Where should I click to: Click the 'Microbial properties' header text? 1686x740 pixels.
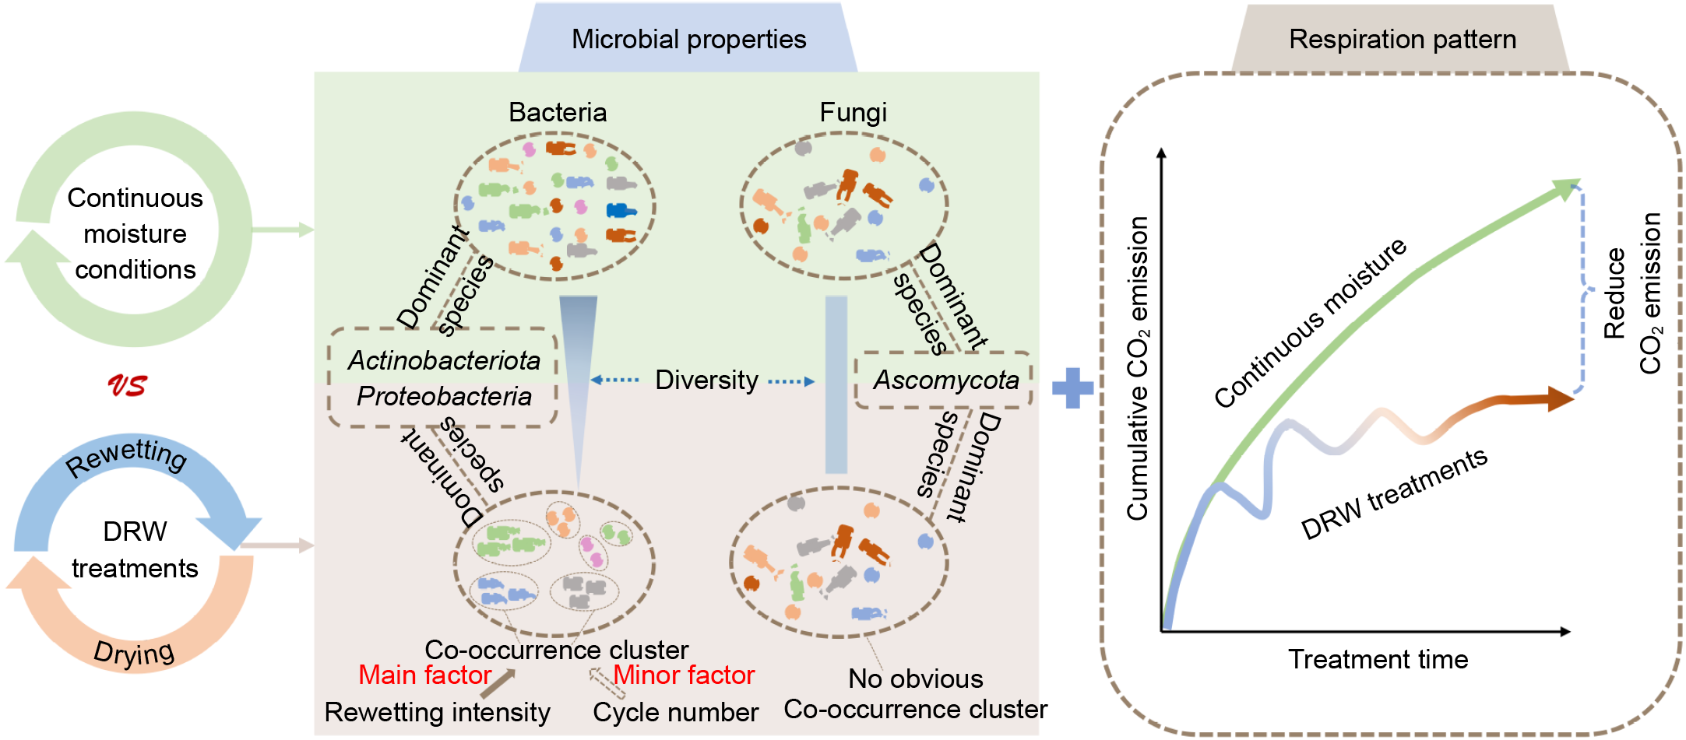688,39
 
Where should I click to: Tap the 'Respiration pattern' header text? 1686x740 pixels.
1402,39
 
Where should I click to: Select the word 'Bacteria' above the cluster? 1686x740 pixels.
558,112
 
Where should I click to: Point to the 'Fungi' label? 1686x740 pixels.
853,112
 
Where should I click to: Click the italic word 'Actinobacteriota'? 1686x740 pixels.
444,360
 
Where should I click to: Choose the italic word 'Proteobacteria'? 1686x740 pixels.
444,396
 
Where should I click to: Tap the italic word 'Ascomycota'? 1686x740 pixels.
945,380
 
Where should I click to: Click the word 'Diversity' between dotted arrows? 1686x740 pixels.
706,380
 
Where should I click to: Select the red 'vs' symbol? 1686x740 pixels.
127,385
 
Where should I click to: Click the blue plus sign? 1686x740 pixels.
1072,388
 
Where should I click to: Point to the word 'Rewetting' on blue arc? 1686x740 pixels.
126,457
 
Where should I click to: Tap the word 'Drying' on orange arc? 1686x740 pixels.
134,652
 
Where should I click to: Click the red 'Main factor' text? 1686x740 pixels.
424,675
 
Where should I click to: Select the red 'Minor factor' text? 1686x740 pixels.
684,675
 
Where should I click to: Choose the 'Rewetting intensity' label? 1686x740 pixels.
437,712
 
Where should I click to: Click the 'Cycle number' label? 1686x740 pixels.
675,712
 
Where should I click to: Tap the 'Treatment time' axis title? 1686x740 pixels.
1378,659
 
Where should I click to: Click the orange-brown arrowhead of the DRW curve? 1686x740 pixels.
1559,399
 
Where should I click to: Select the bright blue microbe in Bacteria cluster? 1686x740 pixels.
621,210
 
